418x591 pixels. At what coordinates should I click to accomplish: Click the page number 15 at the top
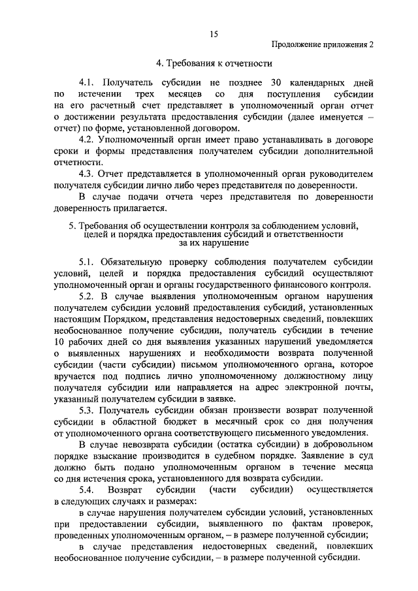[213, 34]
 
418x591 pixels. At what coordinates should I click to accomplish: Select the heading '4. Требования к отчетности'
[213, 63]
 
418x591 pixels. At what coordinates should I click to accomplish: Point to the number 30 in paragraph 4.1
[275, 82]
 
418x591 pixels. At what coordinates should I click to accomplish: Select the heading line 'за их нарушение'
[213, 242]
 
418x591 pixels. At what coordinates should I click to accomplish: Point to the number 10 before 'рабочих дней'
[60, 342]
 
